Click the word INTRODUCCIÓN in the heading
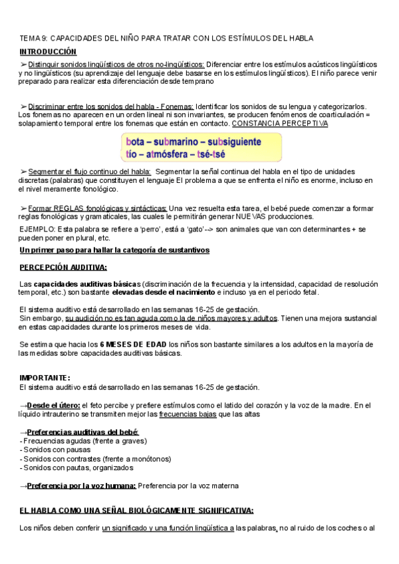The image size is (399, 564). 48,51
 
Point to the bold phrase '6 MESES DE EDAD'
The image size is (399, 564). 133,345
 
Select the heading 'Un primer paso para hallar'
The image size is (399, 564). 114,249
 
